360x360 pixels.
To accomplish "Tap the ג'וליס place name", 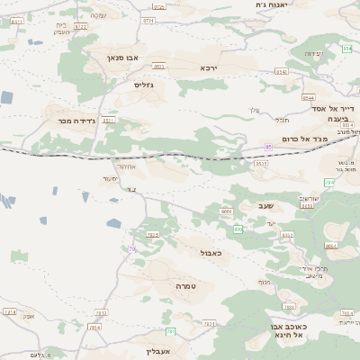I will click(x=143, y=85).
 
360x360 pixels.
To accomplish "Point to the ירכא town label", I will click(x=209, y=67).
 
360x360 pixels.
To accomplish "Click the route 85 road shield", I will click(x=268, y=148).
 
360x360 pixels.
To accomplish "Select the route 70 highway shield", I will click(x=132, y=248).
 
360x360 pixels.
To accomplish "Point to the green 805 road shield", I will click(x=238, y=229).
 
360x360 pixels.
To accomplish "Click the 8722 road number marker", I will click(x=81, y=27).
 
